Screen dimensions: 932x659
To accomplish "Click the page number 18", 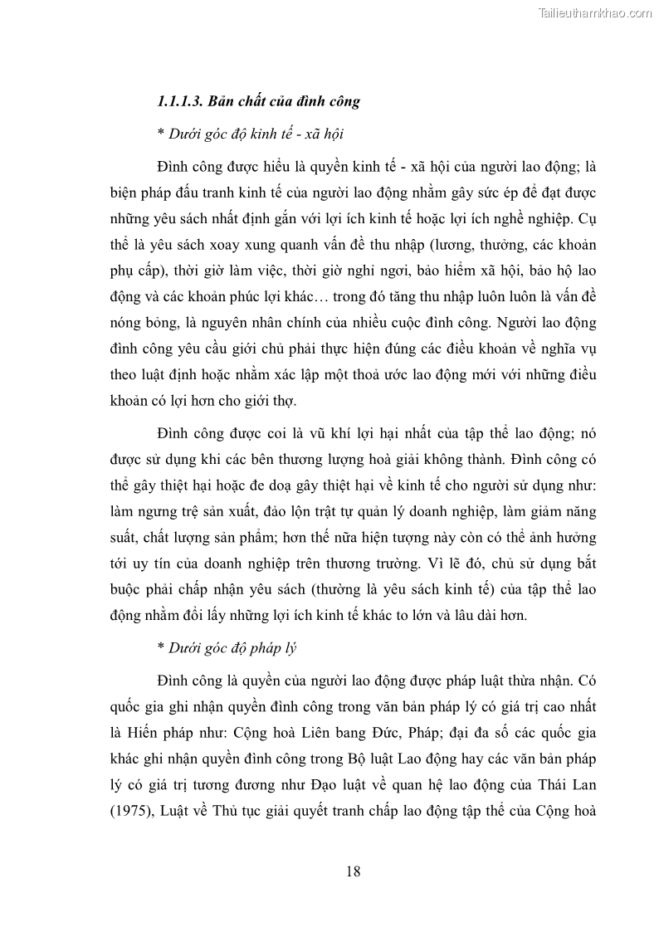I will (352, 871).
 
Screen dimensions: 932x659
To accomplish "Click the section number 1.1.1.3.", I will (180, 102).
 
